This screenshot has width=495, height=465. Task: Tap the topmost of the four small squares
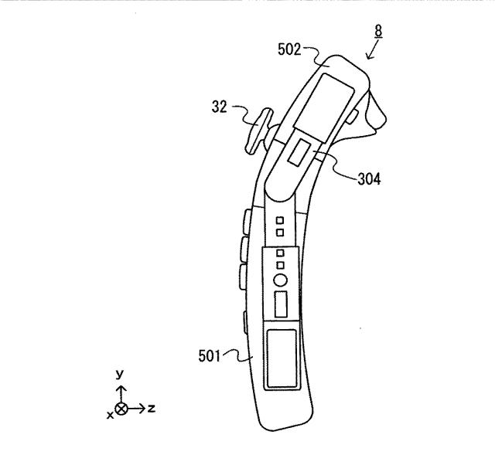click(281, 221)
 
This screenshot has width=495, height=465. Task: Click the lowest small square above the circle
click(281, 265)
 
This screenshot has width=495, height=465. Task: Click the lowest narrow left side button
click(245, 318)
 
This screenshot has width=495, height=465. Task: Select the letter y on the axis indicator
click(120, 374)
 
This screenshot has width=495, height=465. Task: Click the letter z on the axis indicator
click(151, 407)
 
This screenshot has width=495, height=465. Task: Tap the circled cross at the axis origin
click(121, 407)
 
